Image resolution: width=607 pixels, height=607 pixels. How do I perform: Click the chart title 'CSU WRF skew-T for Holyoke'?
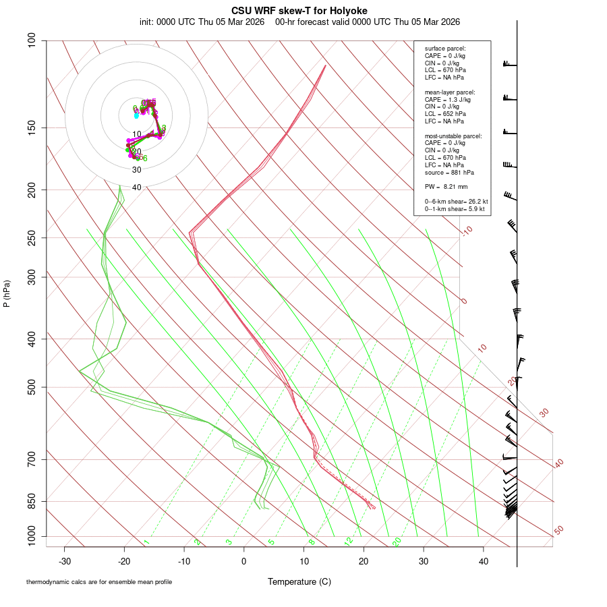[x=299, y=11]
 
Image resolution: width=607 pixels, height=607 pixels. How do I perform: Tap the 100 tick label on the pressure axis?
[x=31, y=40]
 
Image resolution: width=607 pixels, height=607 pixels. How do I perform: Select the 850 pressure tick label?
[x=31, y=501]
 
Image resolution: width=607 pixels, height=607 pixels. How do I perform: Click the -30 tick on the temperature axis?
[x=65, y=560]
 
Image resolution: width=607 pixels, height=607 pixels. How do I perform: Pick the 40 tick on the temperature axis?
[x=484, y=560]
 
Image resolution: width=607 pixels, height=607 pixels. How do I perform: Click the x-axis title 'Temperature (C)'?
[x=299, y=581]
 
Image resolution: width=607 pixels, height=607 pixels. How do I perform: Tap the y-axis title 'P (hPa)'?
[x=7, y=293]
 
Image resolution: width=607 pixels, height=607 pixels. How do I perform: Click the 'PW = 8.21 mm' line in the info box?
[x=446, y=186]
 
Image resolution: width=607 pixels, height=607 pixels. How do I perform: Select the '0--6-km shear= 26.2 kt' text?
[x=456, y=201]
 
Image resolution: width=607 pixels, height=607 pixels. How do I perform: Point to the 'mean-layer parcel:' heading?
[x=450, y=92]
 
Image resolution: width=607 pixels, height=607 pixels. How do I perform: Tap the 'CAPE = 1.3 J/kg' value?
[x=448, y=99]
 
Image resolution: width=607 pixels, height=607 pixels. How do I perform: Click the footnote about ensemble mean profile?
[x=99, y=582]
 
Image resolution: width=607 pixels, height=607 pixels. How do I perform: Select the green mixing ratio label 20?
[x=397, y=542]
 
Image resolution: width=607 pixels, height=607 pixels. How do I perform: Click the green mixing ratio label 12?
[x=349, y=542]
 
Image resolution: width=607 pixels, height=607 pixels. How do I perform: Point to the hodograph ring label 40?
[x=137, y=187]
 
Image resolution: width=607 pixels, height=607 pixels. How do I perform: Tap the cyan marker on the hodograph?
[x=136, y=116]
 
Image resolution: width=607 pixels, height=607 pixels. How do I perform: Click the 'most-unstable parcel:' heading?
[x=453, y=136]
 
